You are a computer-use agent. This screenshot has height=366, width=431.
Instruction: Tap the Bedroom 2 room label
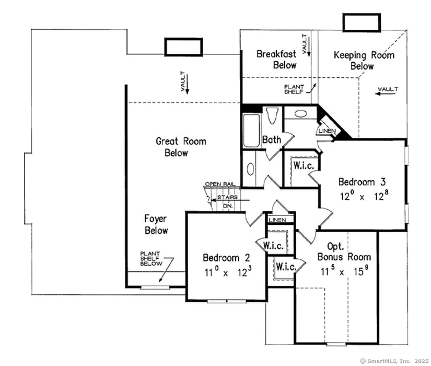point(226,258)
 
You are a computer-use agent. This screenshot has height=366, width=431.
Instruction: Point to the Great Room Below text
point(181,147)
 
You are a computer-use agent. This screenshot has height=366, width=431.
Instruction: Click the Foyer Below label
point(156,224)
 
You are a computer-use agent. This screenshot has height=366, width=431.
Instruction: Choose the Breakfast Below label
point(276,60)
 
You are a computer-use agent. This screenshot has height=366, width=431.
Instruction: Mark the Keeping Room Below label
point(364,61)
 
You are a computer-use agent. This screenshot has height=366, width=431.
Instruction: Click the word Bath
point(272,140)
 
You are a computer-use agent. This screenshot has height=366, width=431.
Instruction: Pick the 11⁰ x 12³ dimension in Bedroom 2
point(226,272)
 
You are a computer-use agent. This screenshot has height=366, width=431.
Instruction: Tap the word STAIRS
point(227,197)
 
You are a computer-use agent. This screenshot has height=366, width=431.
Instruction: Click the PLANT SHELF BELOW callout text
point(151,258)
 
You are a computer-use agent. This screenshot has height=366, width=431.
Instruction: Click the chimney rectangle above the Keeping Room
point(360,23)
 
